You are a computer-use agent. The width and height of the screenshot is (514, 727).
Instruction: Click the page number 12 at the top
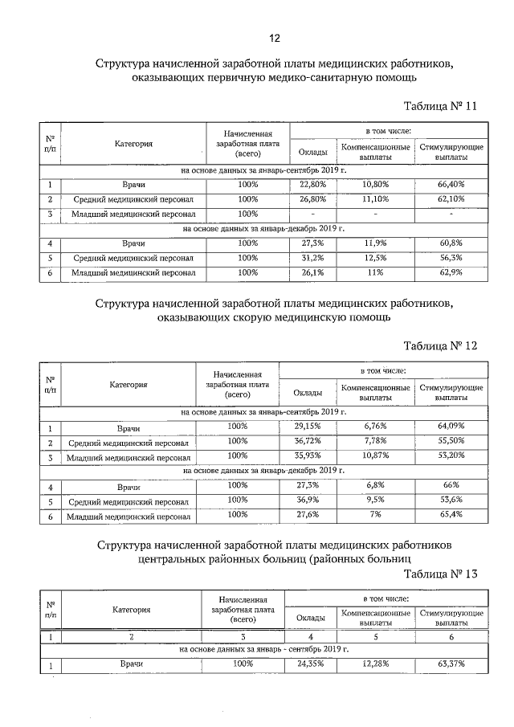pyautogui.click(x=274, y=37)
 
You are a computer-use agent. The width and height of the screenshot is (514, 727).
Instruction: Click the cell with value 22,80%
pyautogui.click(x=308, y=185)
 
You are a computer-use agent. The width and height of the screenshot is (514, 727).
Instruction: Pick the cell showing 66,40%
pyautogui.click(x=451, y=185)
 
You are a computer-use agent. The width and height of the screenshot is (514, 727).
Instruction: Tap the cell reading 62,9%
pyautogui.click(x=451, y=272)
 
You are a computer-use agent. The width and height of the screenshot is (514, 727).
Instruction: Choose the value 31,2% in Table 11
pyautogui.click(x=308, y=258)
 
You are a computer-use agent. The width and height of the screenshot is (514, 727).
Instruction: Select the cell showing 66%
pyautogui.click(x=451, y=485)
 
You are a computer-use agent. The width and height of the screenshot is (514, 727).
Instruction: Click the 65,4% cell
pyautogui.click(x=451, y=514)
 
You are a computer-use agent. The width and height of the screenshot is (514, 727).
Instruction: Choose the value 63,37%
pyautogui.click(x=451, y=664)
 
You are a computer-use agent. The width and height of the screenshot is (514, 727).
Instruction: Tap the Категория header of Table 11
pyautogui.click(x=133, y=145)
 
